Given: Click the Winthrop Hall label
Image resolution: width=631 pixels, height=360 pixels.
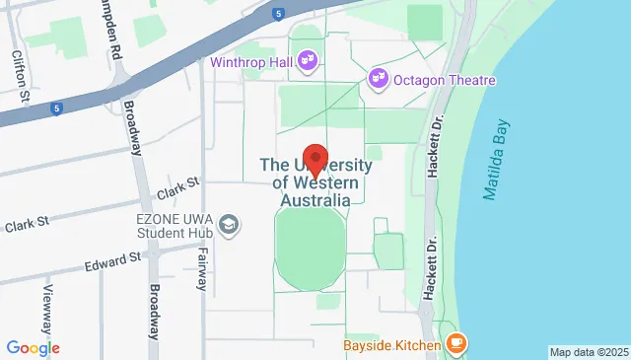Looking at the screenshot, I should [252, 59].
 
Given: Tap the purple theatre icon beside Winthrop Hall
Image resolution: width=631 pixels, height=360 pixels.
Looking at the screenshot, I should [307, 59].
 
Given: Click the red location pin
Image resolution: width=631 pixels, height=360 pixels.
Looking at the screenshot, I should [315, 159].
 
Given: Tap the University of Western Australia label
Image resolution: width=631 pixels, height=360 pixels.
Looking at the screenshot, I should [315, 182].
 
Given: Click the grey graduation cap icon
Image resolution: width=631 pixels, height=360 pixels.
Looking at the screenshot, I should [230, 227].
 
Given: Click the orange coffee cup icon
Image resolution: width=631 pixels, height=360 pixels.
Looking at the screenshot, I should [455, 343].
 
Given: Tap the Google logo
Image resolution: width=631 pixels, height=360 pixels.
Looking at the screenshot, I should [33, 347].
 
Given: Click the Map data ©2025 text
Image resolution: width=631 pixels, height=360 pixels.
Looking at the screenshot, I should [588, 352].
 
